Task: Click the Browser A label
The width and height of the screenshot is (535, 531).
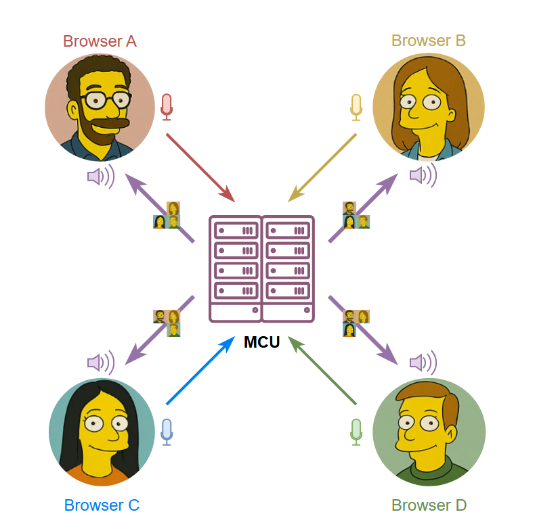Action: [x=100, y=41]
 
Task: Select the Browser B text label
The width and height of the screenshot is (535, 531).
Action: [x=428, y=41]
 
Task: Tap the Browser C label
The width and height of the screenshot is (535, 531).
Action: [x=102, y=505]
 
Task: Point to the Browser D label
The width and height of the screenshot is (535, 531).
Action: [x=429, y=505]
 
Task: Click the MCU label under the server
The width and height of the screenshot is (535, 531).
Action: [x=261, y=342]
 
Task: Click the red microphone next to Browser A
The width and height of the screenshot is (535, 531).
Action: [x=167, y=106]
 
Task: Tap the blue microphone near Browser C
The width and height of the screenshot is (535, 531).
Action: [x=167, y=432]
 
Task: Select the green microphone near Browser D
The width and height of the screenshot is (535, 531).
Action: [x=356, y=432]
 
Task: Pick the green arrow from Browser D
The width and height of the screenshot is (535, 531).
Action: [x=322, y=371]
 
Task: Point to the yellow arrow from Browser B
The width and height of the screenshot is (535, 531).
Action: [x=322, y=167]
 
